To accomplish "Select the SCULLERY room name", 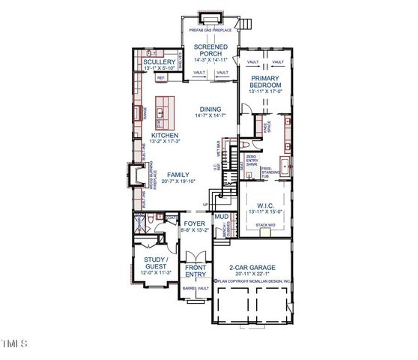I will pos(155,61).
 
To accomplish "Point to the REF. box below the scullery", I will pos(161,77).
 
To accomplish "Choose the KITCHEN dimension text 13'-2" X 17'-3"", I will pos(163,141).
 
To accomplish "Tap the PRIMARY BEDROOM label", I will pos(264,82).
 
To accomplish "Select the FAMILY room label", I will pos(178,174).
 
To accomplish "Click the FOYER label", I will pos(193,223).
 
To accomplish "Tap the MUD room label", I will pos(222,217).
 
